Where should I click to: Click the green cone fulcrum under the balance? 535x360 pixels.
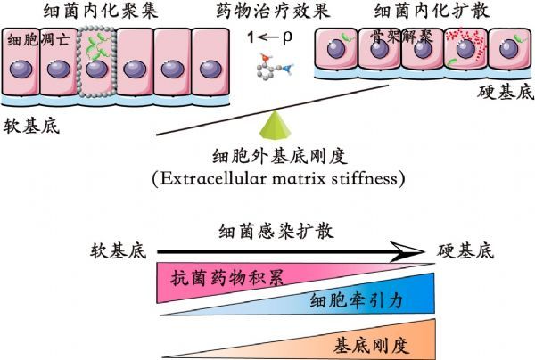pos(276,126)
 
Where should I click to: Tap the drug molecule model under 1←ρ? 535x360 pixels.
pos(275,66)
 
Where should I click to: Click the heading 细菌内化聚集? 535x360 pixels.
pos(101,11)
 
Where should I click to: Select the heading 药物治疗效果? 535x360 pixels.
pos(273,11)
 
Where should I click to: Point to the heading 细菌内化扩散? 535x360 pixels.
pos(432,11)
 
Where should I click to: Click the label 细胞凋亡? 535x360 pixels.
pos(38,40)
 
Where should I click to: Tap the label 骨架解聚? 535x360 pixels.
pos(401,37)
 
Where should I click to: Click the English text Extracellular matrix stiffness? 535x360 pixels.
pos(278,178)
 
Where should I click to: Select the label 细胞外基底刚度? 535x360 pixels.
pos(280,157)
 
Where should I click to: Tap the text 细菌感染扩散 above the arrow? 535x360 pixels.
pos(276,231)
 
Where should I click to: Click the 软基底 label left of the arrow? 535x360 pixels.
pos(119,251)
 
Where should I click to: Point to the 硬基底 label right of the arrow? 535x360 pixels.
pos(465,251)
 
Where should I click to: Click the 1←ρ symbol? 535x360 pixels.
pos(270,37)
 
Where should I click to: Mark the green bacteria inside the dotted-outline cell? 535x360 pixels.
pos(97,46)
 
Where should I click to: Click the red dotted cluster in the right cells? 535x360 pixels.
pos(466,42)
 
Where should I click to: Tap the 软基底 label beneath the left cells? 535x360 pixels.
pos(32,127)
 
